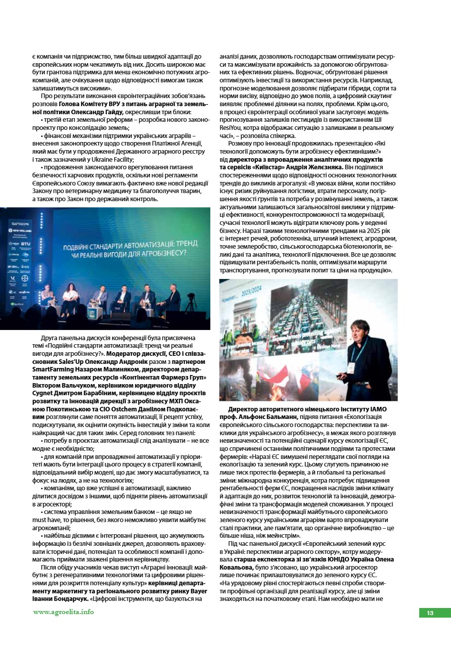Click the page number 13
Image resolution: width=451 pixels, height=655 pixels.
430,613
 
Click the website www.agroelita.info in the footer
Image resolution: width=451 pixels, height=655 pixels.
63,612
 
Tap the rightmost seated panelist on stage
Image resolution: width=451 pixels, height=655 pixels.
172,299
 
